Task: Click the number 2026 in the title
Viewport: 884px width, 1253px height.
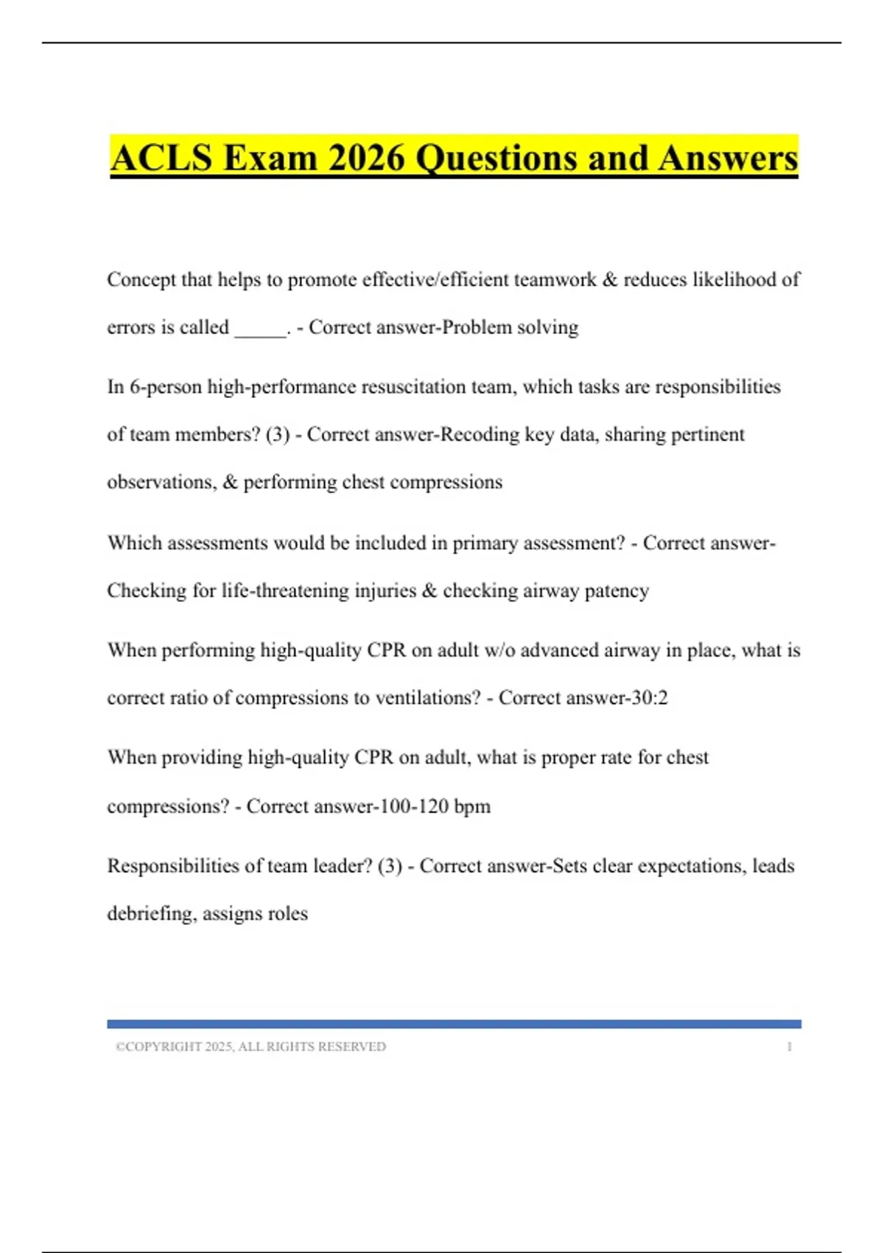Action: (366, 158)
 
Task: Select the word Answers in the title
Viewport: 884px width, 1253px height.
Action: (729, 158)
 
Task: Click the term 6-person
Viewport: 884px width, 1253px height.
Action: (166, 387)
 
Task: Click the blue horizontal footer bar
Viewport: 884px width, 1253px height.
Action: (454, 1024)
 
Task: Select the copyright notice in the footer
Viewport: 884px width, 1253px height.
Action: (250, 1047)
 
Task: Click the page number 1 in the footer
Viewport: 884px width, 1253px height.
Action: (789, 1047)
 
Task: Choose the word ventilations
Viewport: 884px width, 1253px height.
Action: (427, 698)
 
